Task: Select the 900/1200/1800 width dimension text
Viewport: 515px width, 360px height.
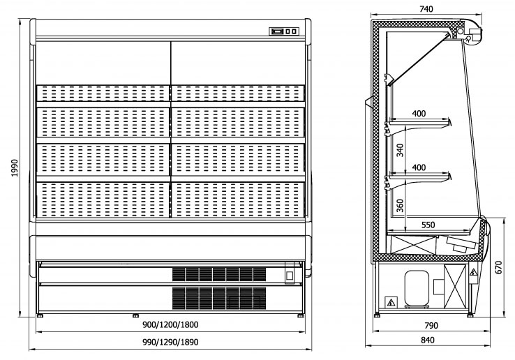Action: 170,325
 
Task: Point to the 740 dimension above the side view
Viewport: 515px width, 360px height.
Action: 427,9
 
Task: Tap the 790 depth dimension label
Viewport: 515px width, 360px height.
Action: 431,325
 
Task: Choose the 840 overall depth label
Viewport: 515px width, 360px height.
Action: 427,340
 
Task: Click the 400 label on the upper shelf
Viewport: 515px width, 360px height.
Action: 418,113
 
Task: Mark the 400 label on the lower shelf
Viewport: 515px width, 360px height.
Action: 418,168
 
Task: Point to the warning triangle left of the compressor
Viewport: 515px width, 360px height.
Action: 390,302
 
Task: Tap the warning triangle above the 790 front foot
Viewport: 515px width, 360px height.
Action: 474,273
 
